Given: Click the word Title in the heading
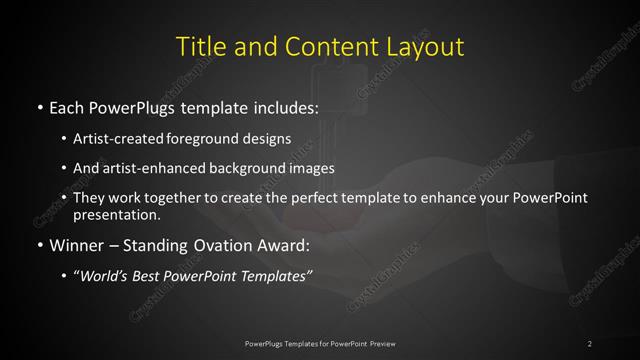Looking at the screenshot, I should (198, 47).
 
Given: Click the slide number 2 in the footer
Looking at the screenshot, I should (590, 344).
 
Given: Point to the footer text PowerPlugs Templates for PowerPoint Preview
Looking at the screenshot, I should (320, 344).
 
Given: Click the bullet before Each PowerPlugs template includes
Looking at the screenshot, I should (39, 106).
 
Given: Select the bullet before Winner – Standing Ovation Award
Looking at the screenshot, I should (39, 244).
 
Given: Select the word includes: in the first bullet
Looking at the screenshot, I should (280, 106).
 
